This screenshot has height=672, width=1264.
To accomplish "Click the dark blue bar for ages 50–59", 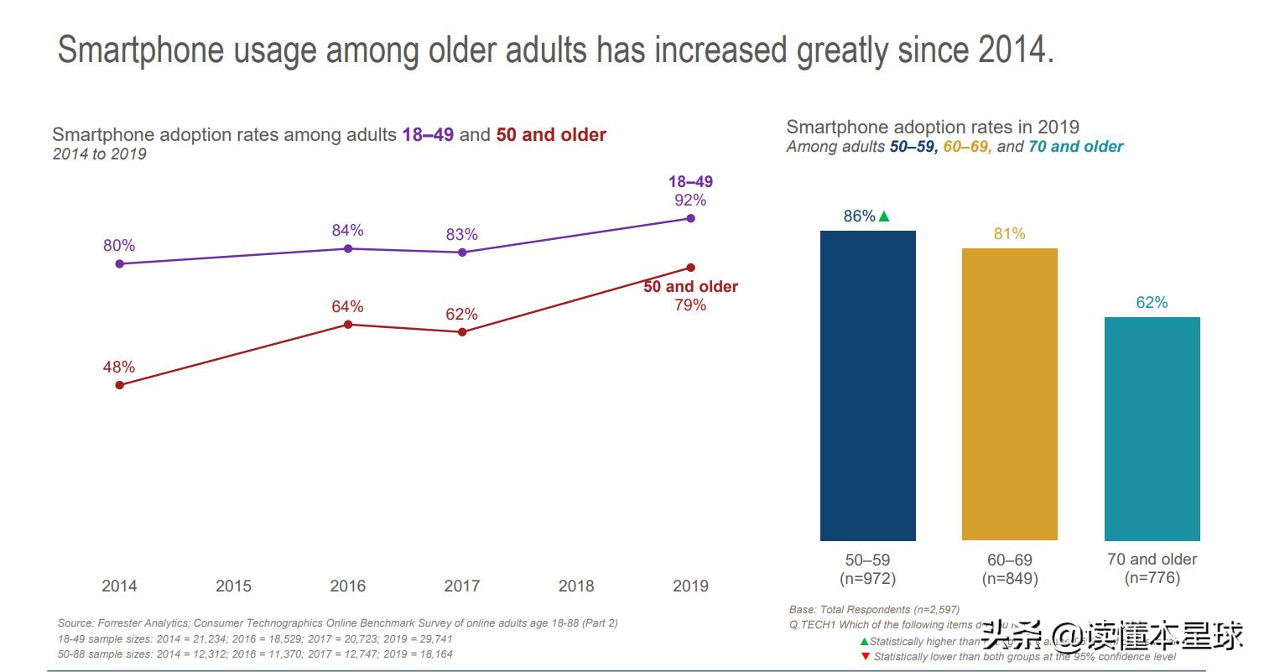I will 867,385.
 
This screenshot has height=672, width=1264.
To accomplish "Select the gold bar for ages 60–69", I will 1009,394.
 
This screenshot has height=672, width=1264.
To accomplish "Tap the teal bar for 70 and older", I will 1152,429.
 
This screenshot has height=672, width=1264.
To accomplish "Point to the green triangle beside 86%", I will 883,216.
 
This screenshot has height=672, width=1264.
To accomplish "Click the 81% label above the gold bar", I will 1009,234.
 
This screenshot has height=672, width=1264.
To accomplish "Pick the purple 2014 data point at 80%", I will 119,263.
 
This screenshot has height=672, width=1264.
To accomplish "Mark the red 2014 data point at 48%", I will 119,385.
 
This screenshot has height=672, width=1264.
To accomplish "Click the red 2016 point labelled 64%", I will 348,325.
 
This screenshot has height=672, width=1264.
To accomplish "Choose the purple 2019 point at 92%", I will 690,218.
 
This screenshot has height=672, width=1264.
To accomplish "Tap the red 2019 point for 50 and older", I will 690,268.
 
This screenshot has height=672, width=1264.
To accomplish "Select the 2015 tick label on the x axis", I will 233,586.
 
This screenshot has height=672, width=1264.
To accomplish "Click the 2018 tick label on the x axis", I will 576,586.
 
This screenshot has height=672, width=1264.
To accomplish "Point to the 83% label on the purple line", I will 461,235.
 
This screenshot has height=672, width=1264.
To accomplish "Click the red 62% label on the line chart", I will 461,315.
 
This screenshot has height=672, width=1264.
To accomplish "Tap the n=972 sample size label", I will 867,578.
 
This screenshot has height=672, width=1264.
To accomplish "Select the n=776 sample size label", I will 1152,577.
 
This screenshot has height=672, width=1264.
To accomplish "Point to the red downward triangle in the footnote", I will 866,657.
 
